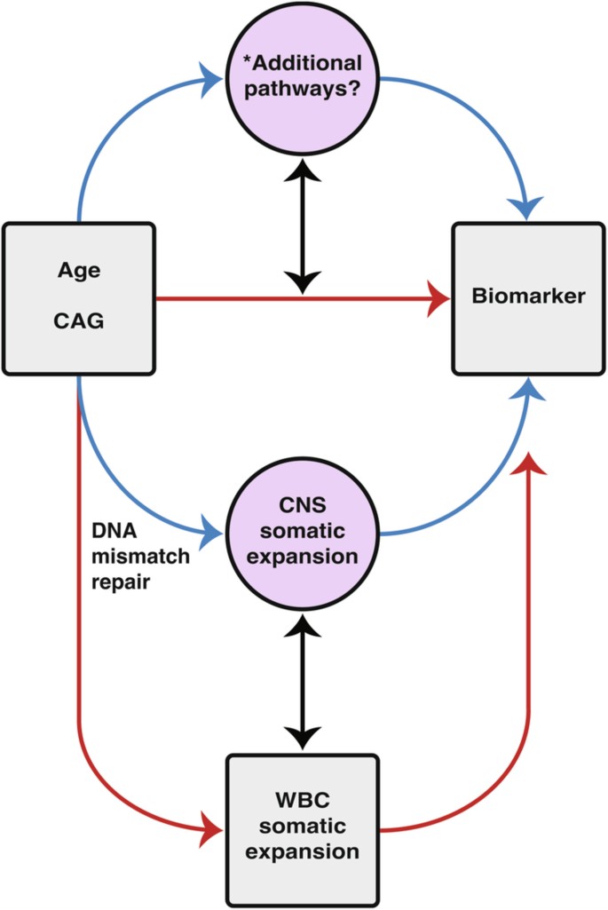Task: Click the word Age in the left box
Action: pyautogui.click(x=79, y=271)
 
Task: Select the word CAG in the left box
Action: pyautogui.click(x=79, y=321)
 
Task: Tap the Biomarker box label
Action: pyautogui.click(x=528, y=297)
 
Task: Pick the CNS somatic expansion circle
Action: pyautogui.click(x=304, y=534)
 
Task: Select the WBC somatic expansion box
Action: pyautogui.click(x=304, y=829)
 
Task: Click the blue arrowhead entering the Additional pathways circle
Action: pyautogui.click(x=213, y=81)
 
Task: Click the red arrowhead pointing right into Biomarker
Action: pyautogui.click(x=438, y=299)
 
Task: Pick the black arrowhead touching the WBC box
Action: pyautogui.click(x=304, y=735)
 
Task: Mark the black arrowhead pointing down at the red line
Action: pyautogui.click(x=304, y=281)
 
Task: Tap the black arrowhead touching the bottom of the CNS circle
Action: pyautogui.click(x=304, y=627)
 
